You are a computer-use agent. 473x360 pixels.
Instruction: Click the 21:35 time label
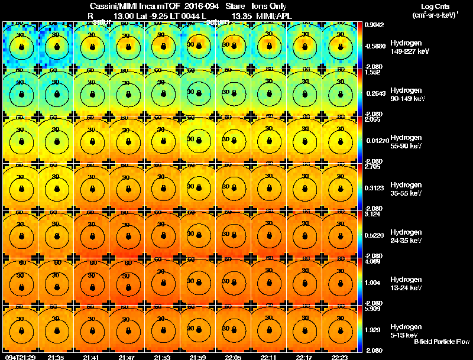click(x=56, y=357)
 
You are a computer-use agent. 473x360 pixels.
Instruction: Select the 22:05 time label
click(x=233, y=357)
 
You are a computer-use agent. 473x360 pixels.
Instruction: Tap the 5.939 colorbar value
click(x=372, y=309)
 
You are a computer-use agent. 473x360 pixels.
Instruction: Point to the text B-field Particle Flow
click(x=442, y=342)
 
